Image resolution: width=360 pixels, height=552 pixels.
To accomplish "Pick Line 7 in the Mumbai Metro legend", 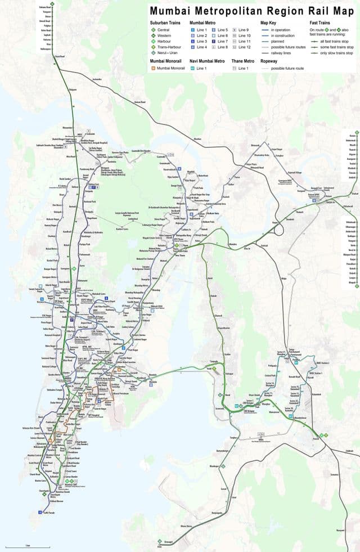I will click(x=223, y=41).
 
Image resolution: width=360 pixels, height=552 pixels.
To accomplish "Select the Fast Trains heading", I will click(x=321, y=23).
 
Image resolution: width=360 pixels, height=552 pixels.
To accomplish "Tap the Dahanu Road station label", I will click(x=46, y=7).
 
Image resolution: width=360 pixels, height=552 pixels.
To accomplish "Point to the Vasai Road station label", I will click(x=60, y=56).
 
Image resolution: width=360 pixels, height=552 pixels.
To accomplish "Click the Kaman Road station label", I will click(x=139, y=102).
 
